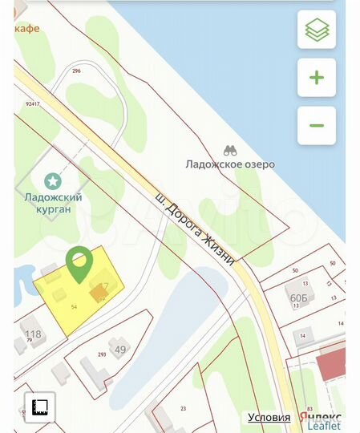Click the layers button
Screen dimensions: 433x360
coord(317,30)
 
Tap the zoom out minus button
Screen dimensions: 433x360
coord(317,125)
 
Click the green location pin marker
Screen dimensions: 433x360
coord(78,263)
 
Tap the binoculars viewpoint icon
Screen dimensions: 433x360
coord(229,150)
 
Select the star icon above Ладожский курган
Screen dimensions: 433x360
coord(53,180)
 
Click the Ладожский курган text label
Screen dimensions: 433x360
coord(53,203)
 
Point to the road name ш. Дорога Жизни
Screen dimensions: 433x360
coord(195,226)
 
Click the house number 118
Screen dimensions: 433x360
coord(33,334)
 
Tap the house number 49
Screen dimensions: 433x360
coord(120,349)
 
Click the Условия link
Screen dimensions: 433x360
coord(269,417)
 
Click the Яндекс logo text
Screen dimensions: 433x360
coord(319,416)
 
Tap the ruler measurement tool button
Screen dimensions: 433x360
coord(40,407)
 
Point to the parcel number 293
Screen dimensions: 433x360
coord(102,355)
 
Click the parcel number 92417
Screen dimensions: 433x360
coord(32,103)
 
